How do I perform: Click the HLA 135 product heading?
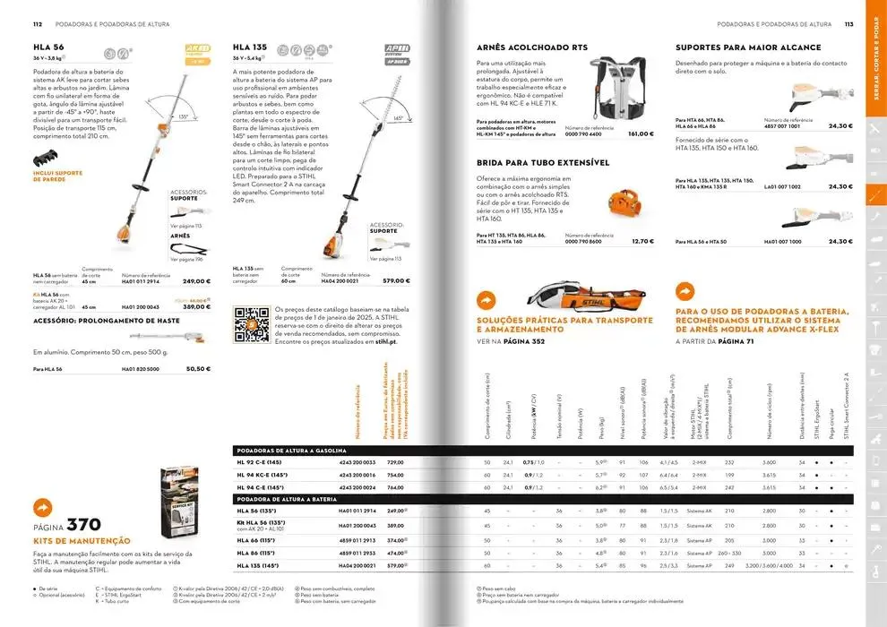tap(250, 46)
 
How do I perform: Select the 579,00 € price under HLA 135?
tap(396, 281)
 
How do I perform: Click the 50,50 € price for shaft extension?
tap(198, 368)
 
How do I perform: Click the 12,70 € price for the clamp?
tap(642, 241)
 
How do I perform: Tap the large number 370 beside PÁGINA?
tap(83, 525)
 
